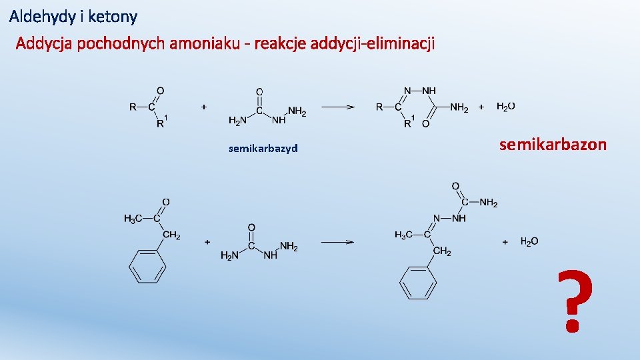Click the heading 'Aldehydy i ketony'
click(73, 15)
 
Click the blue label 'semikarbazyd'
click(263, 148)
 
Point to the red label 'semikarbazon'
click(553, 144)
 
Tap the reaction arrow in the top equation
click(338, 107)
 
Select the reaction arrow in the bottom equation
click(338, 242)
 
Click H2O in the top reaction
click(506, 107)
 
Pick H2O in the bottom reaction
click(529, 241)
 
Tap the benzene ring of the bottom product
click(418, 283)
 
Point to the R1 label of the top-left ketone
click(161, 122)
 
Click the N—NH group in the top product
click(420, 91)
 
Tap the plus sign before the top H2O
click(481, 107)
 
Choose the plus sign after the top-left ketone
click(204, 106)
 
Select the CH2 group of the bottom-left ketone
click(172, 235)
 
